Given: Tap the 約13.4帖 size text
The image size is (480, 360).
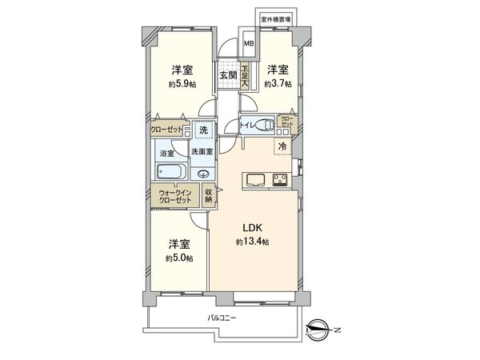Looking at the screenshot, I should (x=251, y=242).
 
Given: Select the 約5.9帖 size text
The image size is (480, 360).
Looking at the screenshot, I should (x=180, y=83).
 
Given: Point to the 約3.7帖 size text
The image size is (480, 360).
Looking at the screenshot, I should (x=279, y=83).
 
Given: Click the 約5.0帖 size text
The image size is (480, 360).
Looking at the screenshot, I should (x=179, y=257).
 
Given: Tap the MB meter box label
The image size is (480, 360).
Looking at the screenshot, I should (x=249, y=45).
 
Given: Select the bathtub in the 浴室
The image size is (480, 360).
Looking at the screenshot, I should (x=170, y=171).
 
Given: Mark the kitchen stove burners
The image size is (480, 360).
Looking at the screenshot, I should (x=282, y=178).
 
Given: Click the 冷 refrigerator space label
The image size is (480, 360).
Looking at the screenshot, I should (x=282, y=146).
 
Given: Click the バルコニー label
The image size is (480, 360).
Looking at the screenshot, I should (x=221, y=318).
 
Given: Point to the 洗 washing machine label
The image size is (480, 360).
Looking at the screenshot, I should (x=204, y=130).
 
